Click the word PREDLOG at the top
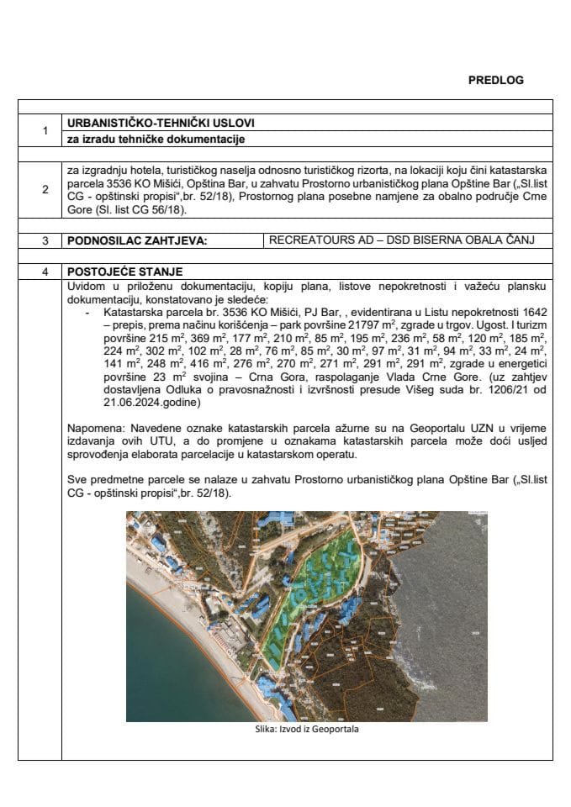click(495, 80)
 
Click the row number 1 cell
click(44, 131)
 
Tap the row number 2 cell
click(44, 191)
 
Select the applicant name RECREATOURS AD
click(316, 240)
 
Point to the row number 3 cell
click(44, 240)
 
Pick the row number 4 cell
click(44, 272)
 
